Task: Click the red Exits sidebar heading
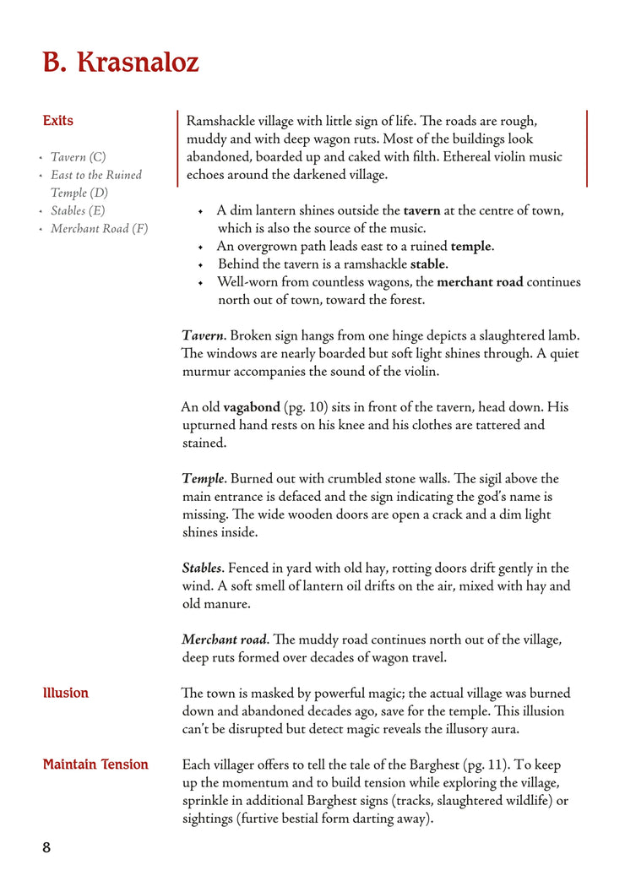tap(58, 121)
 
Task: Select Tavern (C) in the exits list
tap(78, 157)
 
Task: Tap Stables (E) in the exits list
tap(78, 210)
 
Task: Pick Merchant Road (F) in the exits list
tap(99, 228)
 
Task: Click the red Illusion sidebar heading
tap(66, 693)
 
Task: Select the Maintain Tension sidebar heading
tap(95, 765)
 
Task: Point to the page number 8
tap(46, 847)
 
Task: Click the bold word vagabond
tap(251, 407)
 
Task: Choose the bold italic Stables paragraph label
tap(202, 568)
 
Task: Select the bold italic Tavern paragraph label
tap(203, 335)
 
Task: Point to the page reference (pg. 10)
tap(307, 407)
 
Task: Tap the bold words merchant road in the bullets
tap(480, 282)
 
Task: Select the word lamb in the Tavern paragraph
tap(562, 335)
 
